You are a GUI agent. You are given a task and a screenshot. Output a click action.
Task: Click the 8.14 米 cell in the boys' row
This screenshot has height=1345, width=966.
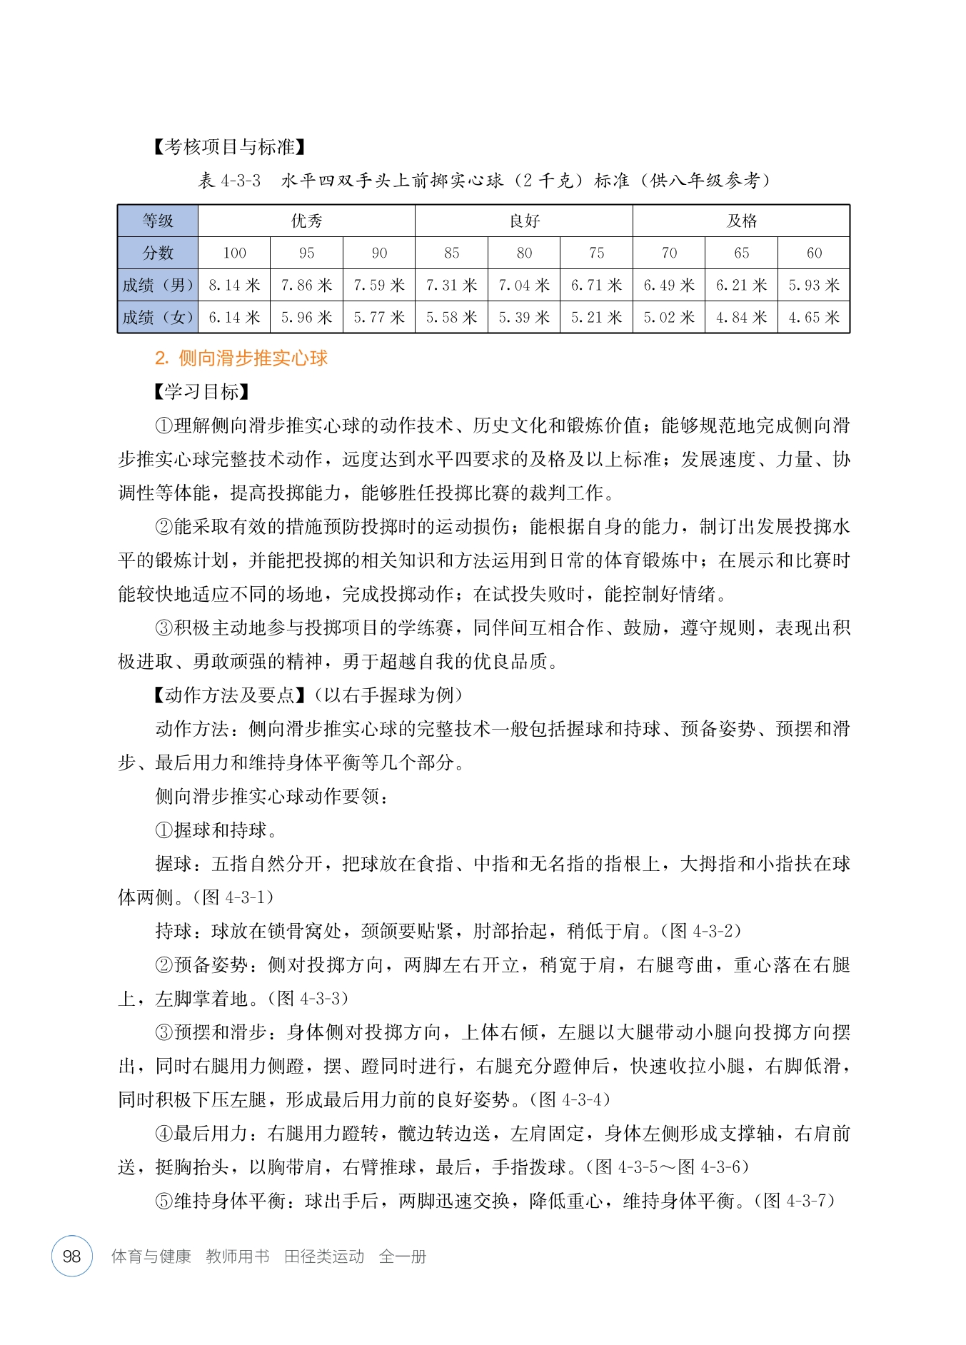(234, 286)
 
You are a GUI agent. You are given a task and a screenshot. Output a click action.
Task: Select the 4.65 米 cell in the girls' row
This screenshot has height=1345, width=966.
(814, 318)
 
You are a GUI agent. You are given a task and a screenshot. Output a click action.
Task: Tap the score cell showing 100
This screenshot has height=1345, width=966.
(234, 253)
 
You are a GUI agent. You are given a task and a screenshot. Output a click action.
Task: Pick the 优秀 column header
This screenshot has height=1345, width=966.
(306, 221)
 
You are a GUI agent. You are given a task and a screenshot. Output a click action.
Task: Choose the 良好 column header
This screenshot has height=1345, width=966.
(524, 221)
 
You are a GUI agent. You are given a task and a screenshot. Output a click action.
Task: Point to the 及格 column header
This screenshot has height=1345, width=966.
(741, 221)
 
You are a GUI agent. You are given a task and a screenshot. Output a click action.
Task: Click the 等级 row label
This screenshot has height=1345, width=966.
(158, 221)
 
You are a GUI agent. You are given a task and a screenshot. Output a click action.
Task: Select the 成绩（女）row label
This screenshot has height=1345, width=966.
(158, 318)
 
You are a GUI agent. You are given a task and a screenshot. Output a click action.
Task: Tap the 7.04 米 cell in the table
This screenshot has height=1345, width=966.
(524, 286)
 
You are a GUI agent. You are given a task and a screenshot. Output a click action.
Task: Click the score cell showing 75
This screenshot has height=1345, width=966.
(597, 253)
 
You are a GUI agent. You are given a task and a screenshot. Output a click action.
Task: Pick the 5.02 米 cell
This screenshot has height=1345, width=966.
(669, 318)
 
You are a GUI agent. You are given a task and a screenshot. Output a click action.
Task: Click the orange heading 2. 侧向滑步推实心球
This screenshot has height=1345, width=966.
(241, 358)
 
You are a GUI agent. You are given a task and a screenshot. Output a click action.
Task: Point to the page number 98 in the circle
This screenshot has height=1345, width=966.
(72, 1256)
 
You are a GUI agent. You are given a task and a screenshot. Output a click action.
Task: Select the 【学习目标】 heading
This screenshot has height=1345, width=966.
(201, 392)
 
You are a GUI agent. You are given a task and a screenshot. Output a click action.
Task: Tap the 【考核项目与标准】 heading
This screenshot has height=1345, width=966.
(230, 147)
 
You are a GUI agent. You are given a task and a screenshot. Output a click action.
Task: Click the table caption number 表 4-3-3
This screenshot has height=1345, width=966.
(229, 181)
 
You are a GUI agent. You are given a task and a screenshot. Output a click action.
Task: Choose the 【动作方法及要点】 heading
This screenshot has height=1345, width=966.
(229, 695)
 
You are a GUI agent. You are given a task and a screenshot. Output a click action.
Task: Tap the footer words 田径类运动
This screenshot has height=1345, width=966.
(324, 1256)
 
